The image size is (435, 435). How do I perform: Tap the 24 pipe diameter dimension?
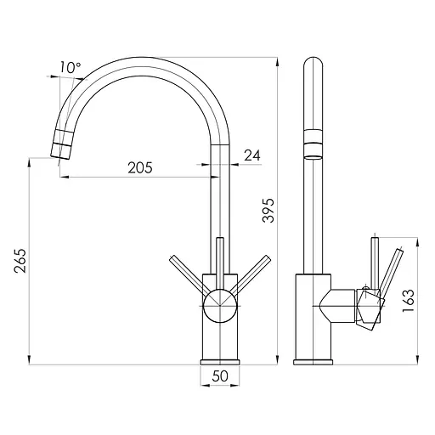(253, 155)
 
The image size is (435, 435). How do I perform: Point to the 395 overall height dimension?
(268, 217)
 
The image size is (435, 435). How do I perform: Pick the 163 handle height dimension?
(409, 299)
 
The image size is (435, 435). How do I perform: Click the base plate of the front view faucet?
(220, 361)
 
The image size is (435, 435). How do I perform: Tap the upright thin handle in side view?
(371, 263)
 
